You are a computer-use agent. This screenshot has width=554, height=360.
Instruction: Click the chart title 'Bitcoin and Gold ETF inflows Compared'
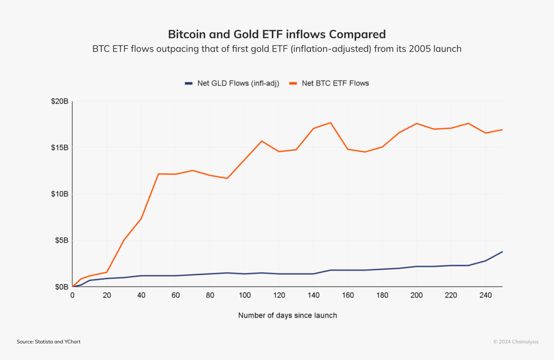(277, 34)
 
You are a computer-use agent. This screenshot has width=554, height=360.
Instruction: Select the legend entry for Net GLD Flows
(232, 83)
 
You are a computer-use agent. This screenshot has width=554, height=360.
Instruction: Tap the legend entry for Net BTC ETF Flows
(329, 83)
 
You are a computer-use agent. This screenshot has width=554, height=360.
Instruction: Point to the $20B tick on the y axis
(60, 101)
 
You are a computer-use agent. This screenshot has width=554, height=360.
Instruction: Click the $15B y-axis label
(60, 147)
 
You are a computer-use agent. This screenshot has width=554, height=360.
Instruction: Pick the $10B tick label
(60, 194)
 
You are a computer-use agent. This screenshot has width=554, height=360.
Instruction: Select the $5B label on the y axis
(62, 240)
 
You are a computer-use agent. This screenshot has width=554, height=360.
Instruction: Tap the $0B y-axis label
(62, 287)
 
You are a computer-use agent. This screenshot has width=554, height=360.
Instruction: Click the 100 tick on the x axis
(244, 295)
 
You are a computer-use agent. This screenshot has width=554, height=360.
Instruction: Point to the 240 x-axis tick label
(485, 295)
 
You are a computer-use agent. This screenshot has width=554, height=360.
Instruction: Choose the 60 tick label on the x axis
(176, 295)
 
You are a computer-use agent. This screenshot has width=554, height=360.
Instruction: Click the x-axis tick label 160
(348, 295)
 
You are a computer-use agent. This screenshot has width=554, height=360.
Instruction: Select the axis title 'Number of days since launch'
(287, 315)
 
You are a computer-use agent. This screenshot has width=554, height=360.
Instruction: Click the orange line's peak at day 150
(331, 123)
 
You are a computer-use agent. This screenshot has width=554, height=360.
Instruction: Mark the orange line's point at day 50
(158, 174)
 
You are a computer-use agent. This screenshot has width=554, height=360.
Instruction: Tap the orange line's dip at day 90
(227, 178)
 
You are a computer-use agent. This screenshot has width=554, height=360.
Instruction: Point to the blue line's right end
(502, 252)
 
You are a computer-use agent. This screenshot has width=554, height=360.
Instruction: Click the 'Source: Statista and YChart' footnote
(48, 342)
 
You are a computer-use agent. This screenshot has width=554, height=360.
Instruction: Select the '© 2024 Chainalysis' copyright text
(516, 342)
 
